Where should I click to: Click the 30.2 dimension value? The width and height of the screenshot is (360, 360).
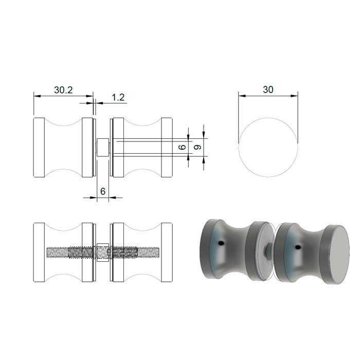click(x=63, y=89)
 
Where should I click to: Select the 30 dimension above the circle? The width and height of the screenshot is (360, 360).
click(x=268, y=89)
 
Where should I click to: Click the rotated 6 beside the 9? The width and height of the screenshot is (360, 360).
click(x=182, y=147)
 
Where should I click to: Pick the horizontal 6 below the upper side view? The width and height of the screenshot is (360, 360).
click(x=103, y=191)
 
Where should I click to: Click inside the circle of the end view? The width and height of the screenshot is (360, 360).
click(x=268, y=148)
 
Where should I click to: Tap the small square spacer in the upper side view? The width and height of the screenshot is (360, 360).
click(x=102, y=148)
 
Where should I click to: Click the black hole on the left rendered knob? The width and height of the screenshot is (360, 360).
click(x=221, y=242)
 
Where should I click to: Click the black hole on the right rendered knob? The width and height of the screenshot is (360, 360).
click(x=297, y=248)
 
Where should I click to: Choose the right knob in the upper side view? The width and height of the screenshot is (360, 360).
click(x=141, y=148)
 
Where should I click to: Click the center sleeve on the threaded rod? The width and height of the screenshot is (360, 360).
click(x=102, y=253)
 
